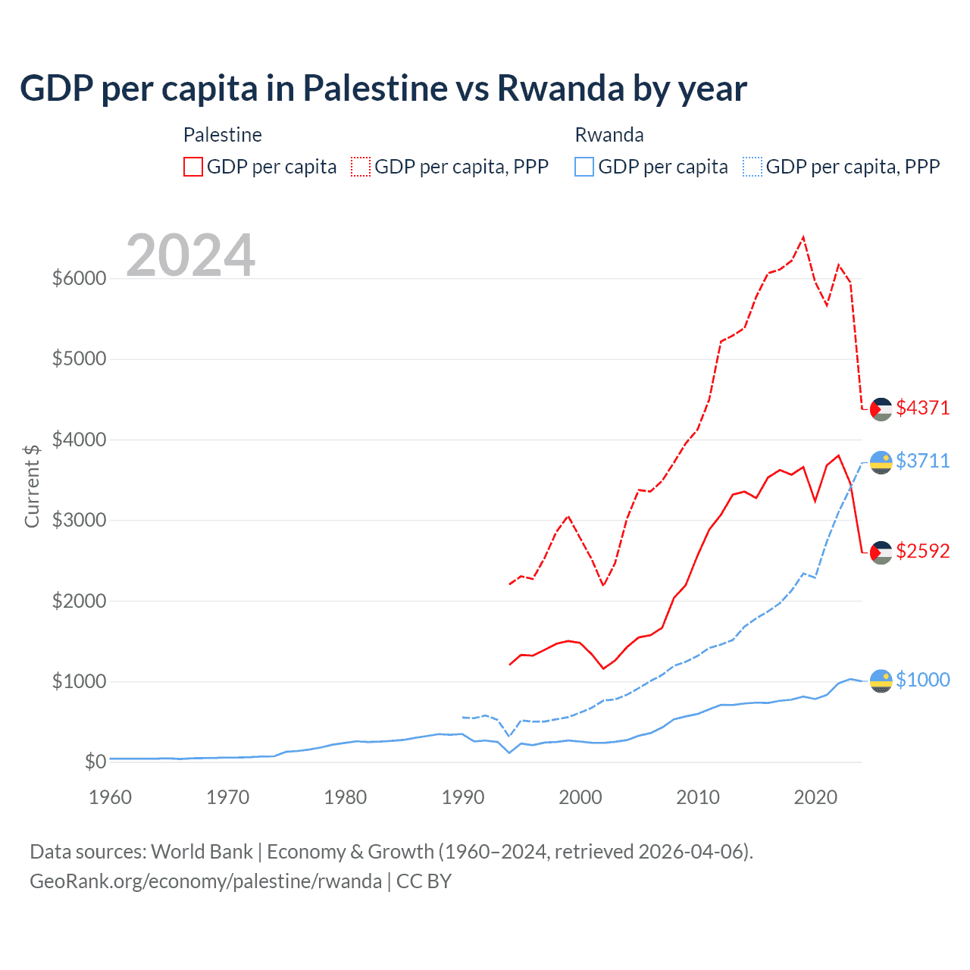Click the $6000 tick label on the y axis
79,278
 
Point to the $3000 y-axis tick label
79,520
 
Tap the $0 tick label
95,762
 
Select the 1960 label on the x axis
110,797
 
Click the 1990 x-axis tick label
462,797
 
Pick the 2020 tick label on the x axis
815,797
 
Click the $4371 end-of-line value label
922,408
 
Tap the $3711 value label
922,461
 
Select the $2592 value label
922,551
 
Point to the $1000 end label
922,680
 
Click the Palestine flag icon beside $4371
881,409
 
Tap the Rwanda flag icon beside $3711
881,462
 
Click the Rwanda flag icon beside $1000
881,681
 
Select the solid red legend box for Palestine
193,167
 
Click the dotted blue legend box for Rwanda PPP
753,167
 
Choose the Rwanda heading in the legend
609,135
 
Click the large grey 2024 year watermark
190,255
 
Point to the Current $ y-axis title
32,486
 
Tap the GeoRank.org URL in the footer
205,881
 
